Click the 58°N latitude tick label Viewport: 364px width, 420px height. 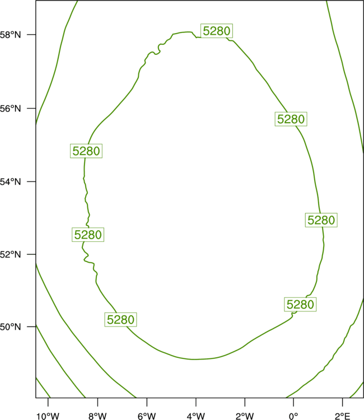10,35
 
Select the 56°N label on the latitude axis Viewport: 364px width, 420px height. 10,109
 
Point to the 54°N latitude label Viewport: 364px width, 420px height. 10,182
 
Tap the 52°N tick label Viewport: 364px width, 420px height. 10,254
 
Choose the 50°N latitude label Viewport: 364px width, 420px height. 10,327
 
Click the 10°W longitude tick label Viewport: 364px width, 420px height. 48,416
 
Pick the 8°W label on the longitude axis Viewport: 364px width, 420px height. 97,416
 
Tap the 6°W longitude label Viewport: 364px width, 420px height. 147,416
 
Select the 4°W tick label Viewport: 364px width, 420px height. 196,416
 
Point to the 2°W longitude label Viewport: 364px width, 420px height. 245,416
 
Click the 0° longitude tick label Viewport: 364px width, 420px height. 293,416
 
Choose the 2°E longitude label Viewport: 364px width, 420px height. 343,416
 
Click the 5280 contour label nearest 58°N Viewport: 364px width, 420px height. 217,31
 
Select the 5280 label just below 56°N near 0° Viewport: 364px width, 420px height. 291,119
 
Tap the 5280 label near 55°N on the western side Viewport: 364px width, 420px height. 86,151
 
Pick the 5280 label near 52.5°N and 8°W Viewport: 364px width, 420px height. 88,235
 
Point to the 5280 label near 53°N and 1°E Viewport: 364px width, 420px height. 321,220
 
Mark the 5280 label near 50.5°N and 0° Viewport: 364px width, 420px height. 300,304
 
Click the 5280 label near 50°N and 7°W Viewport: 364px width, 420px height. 120,320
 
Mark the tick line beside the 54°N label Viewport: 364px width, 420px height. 31,181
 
